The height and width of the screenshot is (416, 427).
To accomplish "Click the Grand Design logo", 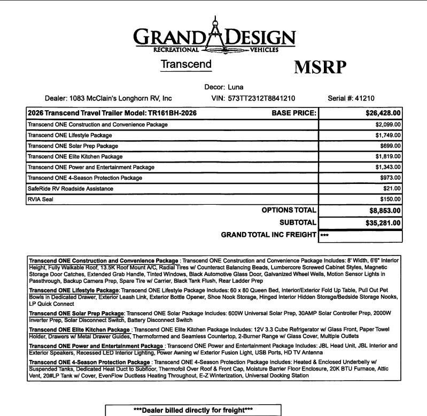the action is (213, 34).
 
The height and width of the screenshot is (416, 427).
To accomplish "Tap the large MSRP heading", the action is (320, 67).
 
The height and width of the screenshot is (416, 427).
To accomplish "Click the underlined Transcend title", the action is (186, 64).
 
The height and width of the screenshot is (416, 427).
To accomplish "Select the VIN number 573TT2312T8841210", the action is (261, 98).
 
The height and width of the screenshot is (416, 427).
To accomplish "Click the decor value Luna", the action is (236, 87).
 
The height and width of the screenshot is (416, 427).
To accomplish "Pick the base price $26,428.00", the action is (383, 113).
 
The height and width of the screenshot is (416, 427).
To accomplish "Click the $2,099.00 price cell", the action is (388, 125).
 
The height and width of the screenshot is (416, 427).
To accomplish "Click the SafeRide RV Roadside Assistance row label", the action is (70, 189).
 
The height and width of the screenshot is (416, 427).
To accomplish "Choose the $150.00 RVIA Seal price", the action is (390, 199).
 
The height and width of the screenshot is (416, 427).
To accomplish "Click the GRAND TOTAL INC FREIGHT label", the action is (268, 235).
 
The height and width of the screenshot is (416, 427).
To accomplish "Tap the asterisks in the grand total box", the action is (324, 235).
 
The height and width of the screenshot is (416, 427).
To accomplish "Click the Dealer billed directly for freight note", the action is (192, 410).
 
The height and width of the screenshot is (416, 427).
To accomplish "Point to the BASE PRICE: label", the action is (294, 113).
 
